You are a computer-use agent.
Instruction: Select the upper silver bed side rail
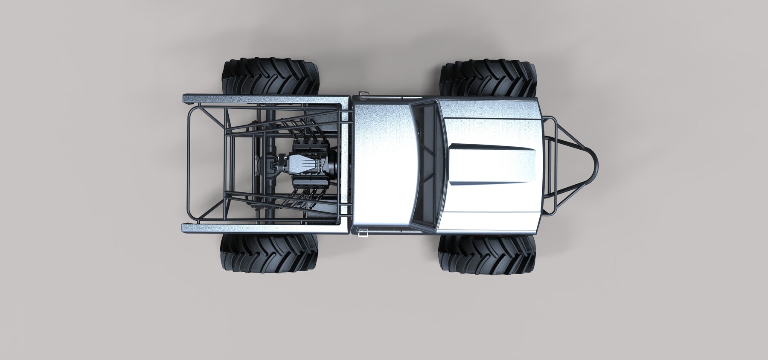click(x=265, y=99)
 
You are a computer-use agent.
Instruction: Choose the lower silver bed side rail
click(x=265, y=229)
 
